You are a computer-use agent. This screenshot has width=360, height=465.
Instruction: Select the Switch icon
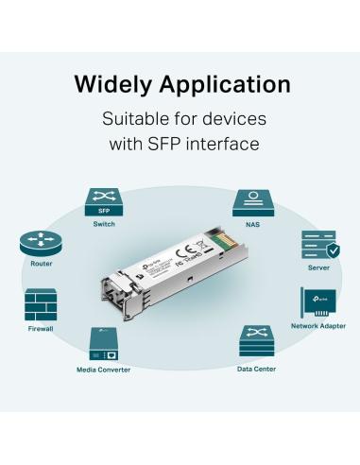[105, 201]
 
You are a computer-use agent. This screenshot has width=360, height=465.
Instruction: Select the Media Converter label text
[104, 369]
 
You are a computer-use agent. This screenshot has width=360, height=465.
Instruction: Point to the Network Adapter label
[317, 326]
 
